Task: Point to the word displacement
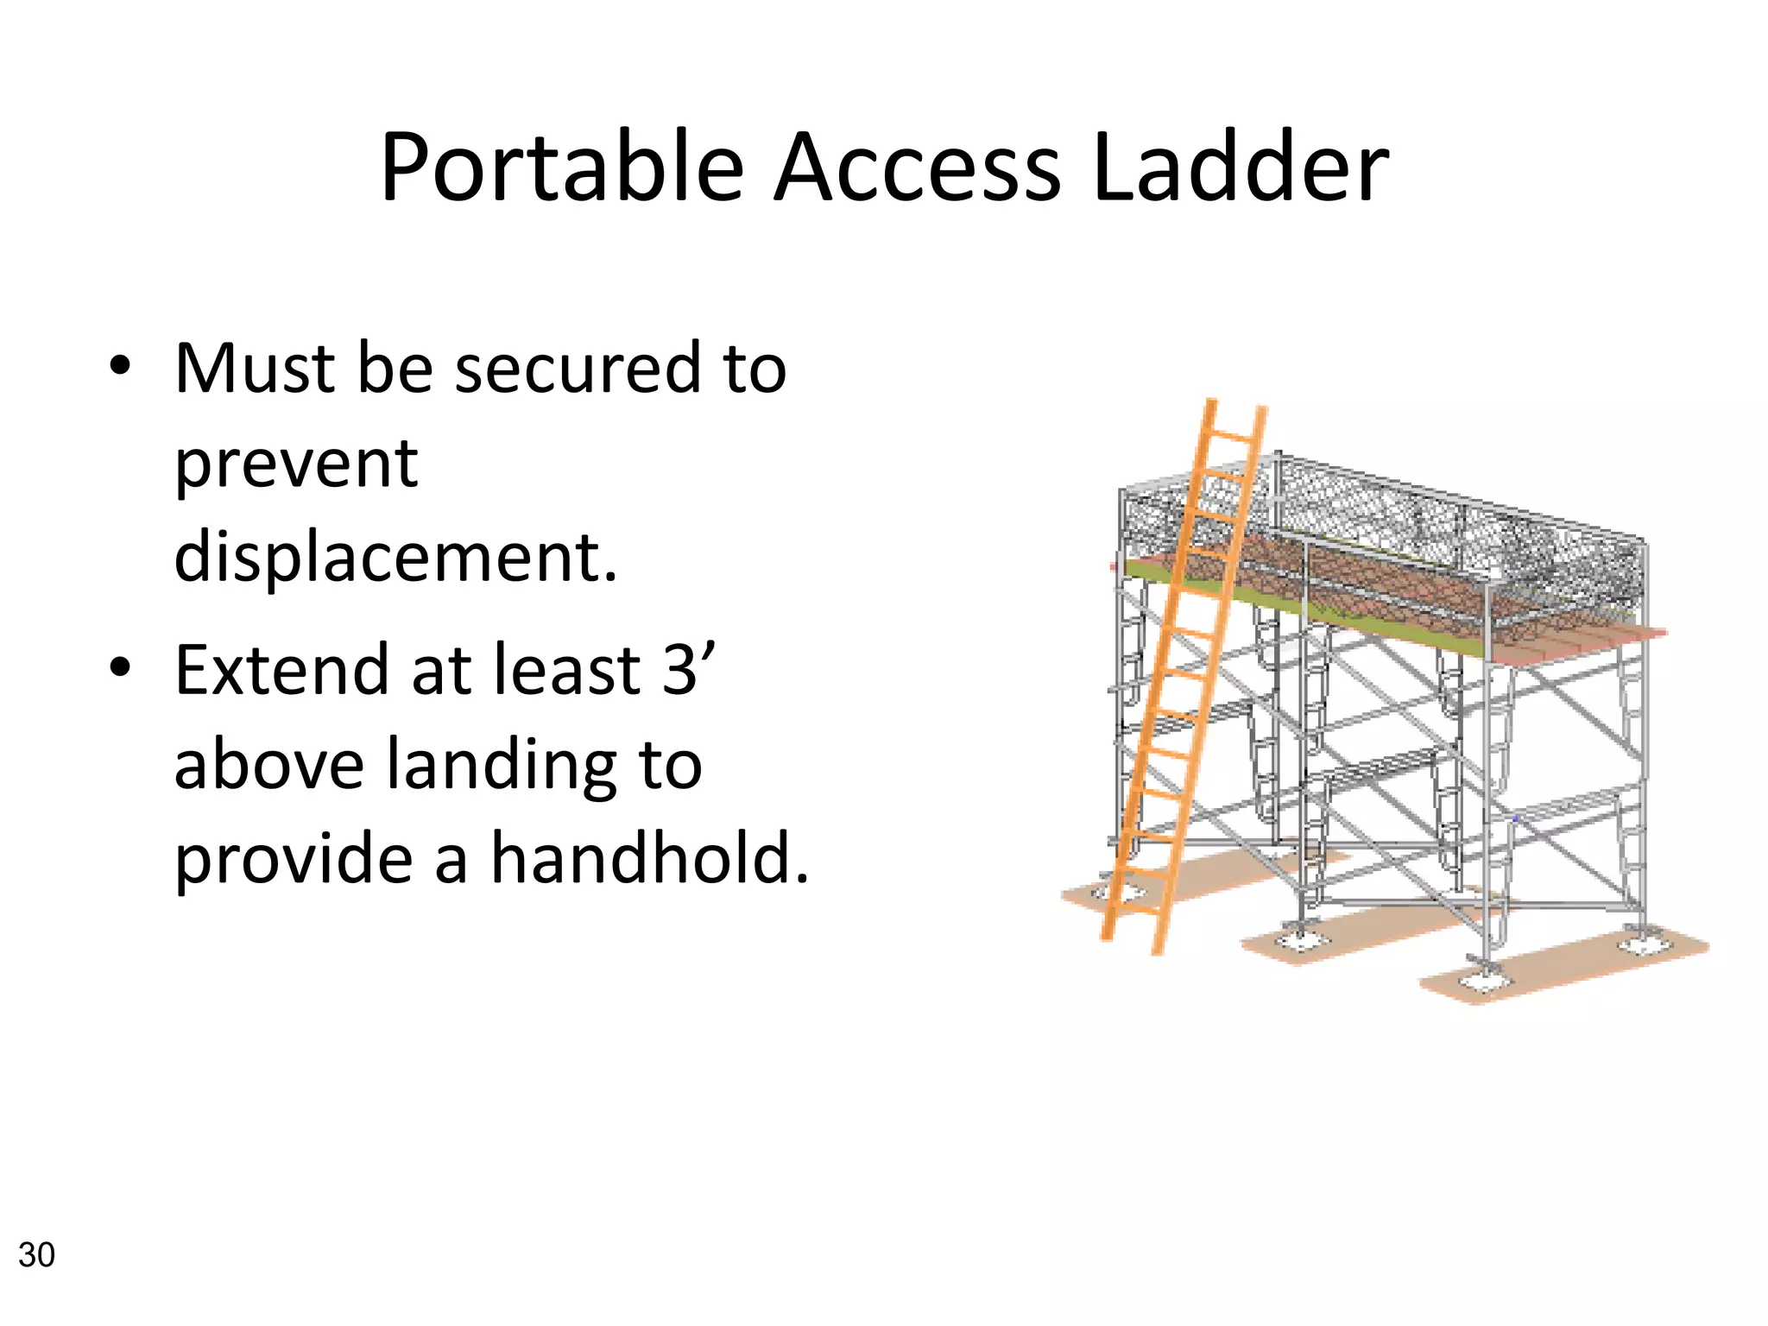click(x=395, y=558)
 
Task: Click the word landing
click(x=501, y=765)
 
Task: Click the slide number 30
click(x=36, y=1255)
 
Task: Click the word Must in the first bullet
click(x=254, y=369)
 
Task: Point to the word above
click(x=268, y=765)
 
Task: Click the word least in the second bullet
click(x=566, y=670)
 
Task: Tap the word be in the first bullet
click(x=395, y=369)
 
